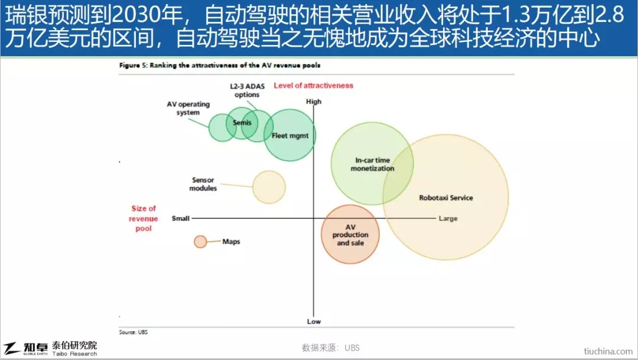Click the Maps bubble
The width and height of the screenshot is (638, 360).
pos(200,242)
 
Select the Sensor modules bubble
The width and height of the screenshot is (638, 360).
pos(269,187)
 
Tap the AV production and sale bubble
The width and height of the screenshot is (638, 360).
pos(350,234)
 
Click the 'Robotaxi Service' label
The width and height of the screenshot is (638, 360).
pos(446,198)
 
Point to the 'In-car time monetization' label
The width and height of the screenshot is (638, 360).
pos(372,164)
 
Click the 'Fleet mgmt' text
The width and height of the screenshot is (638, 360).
pos(290,135)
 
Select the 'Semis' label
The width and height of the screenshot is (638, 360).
pos(242,122)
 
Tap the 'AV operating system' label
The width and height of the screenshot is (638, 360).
pos(188,108)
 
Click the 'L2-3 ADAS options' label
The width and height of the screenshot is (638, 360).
pos(247,90)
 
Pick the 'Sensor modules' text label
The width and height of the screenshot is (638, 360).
pos(203,184)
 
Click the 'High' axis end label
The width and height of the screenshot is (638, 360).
pos(314,102)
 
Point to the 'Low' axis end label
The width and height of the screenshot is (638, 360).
pos(314,322)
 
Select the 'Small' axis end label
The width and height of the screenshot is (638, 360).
pos(181,218)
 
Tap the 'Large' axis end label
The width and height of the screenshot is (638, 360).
pos(448,219)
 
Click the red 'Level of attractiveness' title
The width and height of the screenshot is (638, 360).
pos(313,86)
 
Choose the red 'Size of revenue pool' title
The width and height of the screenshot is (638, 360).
pos(143,218)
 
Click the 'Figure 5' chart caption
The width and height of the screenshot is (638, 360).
pos(220,65)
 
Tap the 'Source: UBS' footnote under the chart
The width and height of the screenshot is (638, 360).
pos(133,332)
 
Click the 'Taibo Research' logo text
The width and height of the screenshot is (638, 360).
pos(74,354)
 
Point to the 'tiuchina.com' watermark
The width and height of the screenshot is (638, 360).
pos(608,351)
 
